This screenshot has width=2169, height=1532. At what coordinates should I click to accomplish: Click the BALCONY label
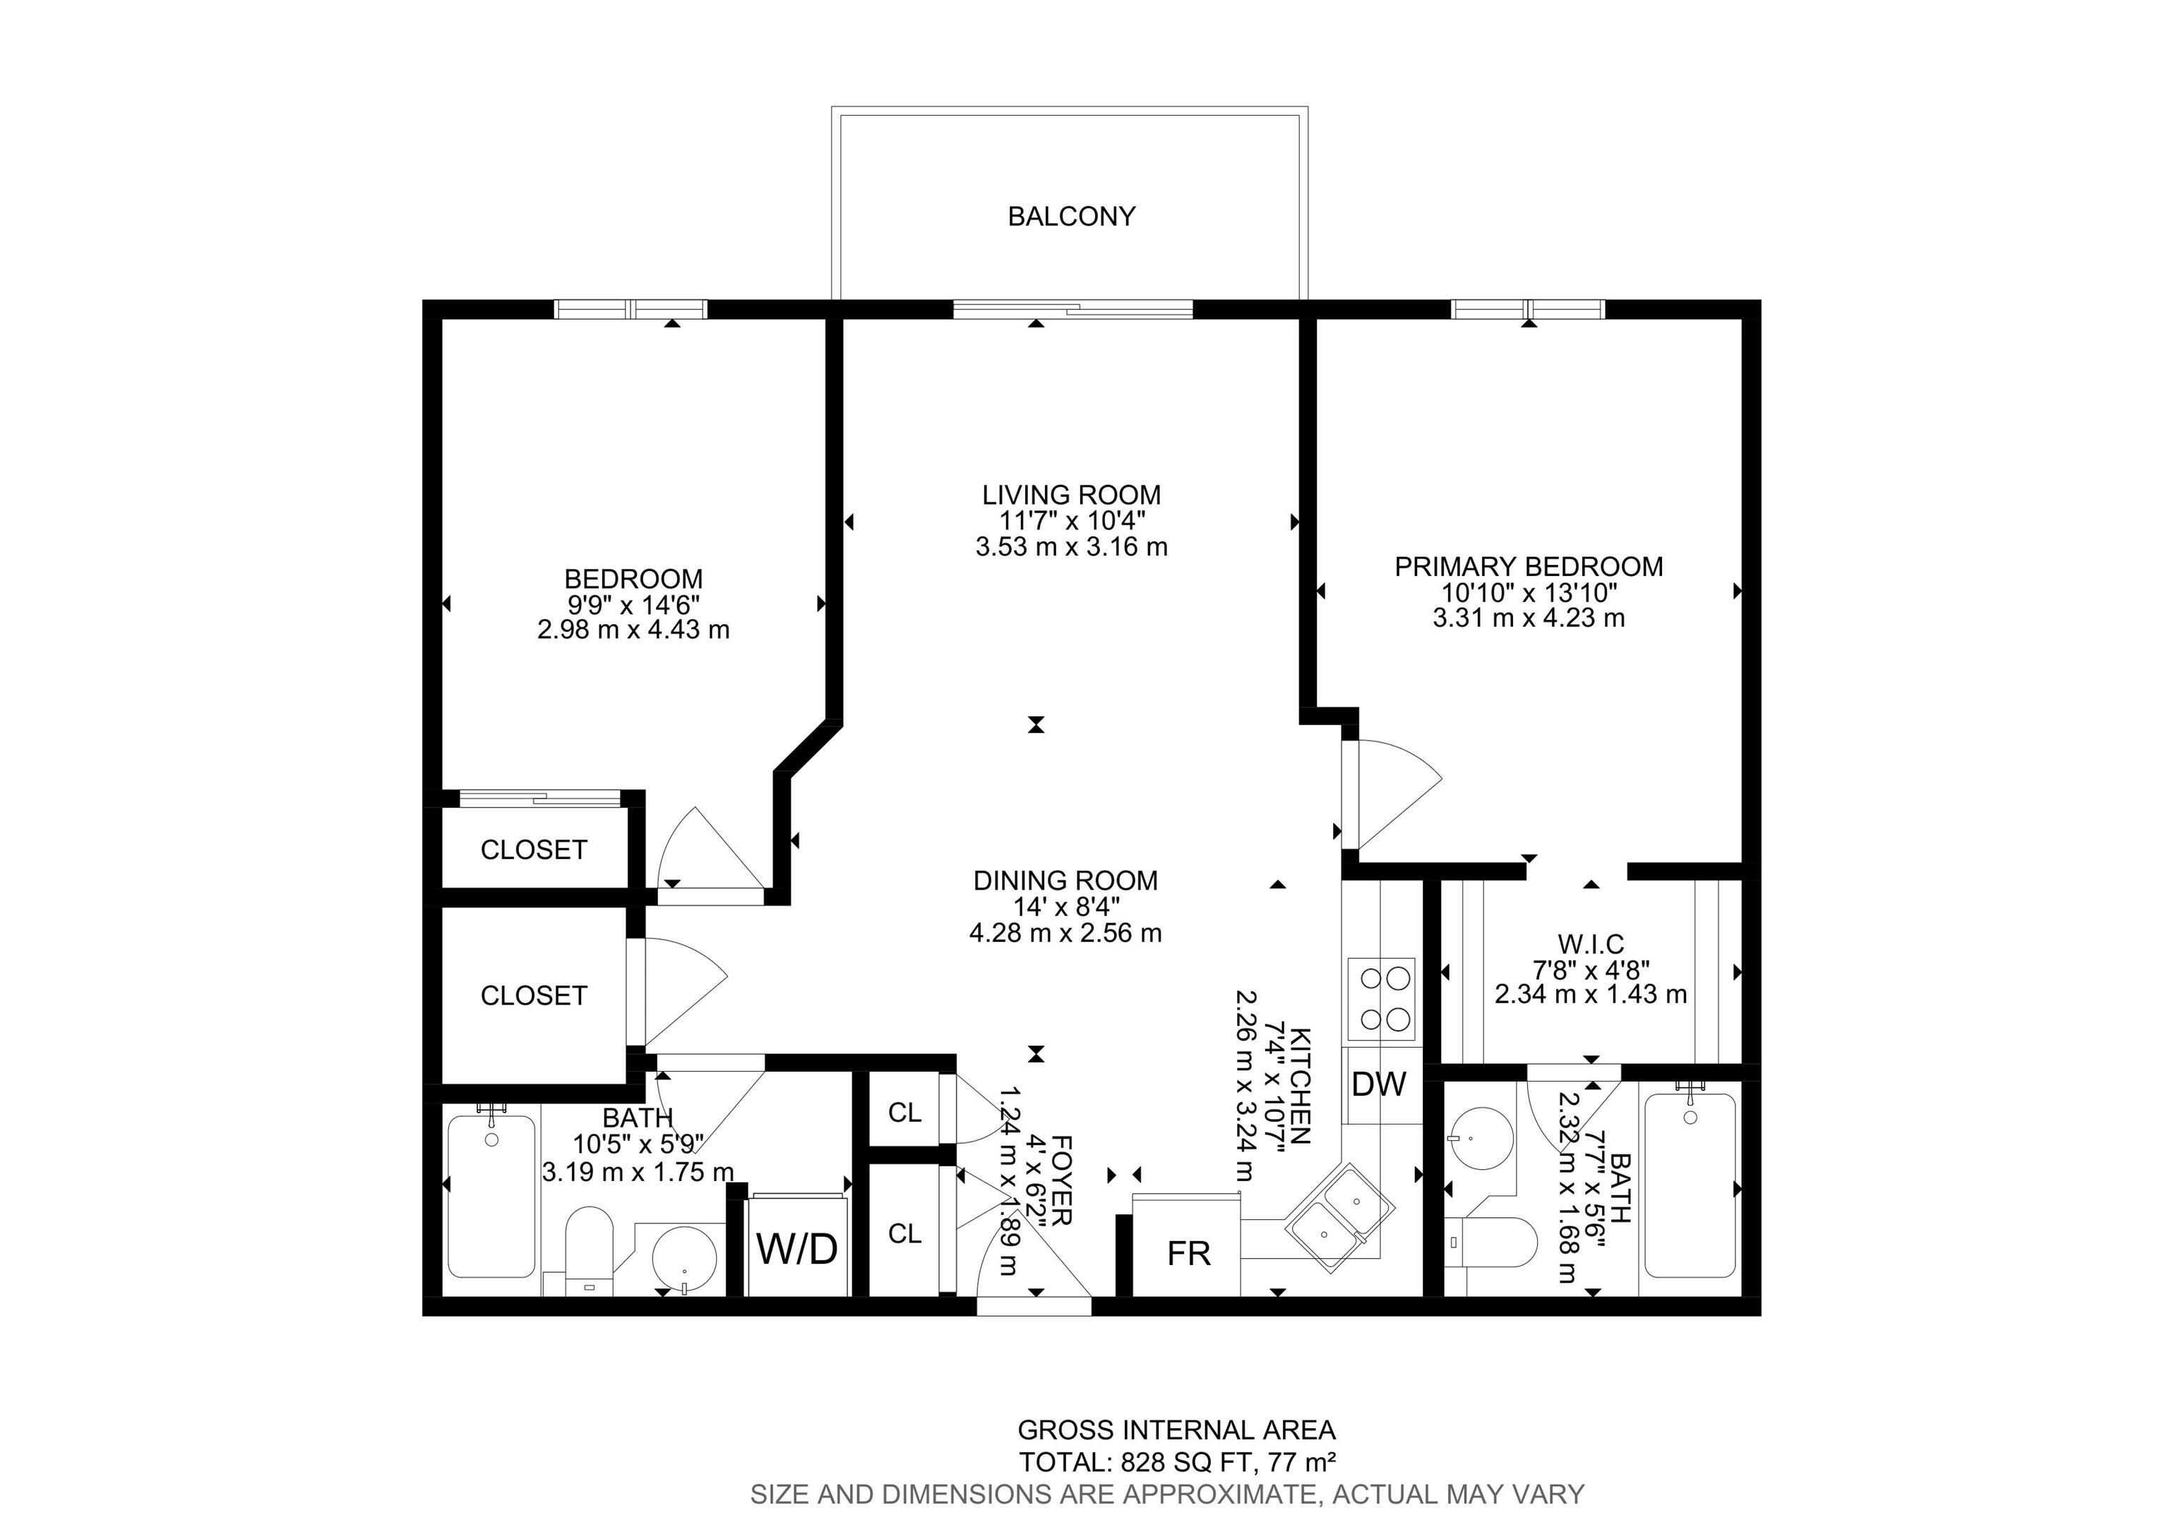coord(1070,216)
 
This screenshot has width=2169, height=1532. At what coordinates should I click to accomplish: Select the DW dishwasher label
coord(1378,1084)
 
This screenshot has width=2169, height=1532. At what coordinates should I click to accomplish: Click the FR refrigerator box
coord(1188,1253)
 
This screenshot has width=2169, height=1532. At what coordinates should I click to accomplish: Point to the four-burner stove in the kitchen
coord(1380,998)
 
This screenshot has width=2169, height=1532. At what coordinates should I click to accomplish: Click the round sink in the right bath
coord(1481,1137)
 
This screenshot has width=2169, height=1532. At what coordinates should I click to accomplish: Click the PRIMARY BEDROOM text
coord(1528,567)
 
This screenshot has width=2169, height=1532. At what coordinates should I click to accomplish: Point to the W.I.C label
coord(1590,944)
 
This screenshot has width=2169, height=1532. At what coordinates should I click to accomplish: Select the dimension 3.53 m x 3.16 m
coord(1070,547)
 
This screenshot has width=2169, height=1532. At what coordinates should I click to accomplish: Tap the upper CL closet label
coord(904,1113)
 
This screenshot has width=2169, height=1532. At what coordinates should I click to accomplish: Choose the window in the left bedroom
coord(630,309)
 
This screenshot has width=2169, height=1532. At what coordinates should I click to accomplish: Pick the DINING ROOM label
coord(1065,880)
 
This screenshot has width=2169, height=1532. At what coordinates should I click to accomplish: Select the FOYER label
coord(1060,1180)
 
